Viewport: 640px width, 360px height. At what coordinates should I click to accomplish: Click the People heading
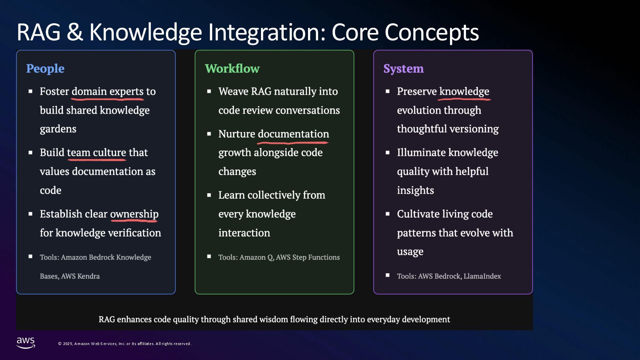point(45,68)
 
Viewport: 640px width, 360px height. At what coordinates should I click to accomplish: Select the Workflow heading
point(232,68)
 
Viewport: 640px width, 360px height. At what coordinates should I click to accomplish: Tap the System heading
point(403,68)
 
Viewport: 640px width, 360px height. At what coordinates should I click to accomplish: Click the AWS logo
point(26,343)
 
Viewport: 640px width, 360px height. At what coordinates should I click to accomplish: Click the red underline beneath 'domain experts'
point(108,99)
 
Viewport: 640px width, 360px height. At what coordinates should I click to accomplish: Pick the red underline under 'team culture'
point(97,160)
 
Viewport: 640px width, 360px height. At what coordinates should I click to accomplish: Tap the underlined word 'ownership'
point(134,214)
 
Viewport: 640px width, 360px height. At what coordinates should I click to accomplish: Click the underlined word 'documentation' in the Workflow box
point(293,134)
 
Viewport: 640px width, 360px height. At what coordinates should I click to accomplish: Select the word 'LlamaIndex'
point(482,276)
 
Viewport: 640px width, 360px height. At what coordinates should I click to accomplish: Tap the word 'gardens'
point(58,129)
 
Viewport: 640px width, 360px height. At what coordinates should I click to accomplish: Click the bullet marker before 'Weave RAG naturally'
point(209,91)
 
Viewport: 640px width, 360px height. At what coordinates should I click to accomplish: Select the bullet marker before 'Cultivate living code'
point(387,214)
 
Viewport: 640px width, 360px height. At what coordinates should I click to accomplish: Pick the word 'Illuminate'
point(421,153)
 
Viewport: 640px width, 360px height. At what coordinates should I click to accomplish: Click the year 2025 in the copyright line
point(68,344)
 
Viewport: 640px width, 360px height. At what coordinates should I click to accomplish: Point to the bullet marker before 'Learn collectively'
point(209,195)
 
